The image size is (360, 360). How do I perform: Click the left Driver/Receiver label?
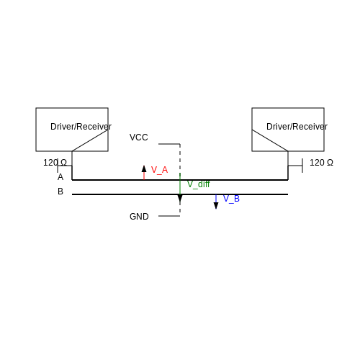(x=81, y=127)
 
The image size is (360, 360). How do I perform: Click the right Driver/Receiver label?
(x=297, y=127)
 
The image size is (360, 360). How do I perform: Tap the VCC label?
(x=139, y=138)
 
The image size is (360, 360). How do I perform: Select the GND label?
(x=139, y=217)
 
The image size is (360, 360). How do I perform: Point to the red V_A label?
(x=159, y=170)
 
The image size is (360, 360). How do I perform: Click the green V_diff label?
(x=198, y=184)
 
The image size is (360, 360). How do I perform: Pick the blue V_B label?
(x=231, y=199)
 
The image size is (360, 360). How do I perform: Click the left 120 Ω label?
(x=55, y=163)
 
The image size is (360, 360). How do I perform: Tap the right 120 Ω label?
(x=321, y=163)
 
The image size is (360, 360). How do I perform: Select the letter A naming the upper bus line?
(x=60, y=177)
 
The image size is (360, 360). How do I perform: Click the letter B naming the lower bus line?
(x=60, y=192)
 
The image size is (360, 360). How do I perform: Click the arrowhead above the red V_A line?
(x=144, y=168)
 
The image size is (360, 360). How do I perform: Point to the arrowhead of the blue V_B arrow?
(x=216, y=206)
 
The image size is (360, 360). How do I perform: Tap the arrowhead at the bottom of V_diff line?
(x=180, y=199)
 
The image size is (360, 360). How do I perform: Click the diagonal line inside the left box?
(x=90, y=140)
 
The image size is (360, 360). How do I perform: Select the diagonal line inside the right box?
(x=270, y=140)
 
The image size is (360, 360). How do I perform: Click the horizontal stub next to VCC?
(x=169, y=144)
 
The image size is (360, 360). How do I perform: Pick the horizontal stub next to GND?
(x=169, y=216)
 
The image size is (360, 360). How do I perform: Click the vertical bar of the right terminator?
(x=302, y=166)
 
